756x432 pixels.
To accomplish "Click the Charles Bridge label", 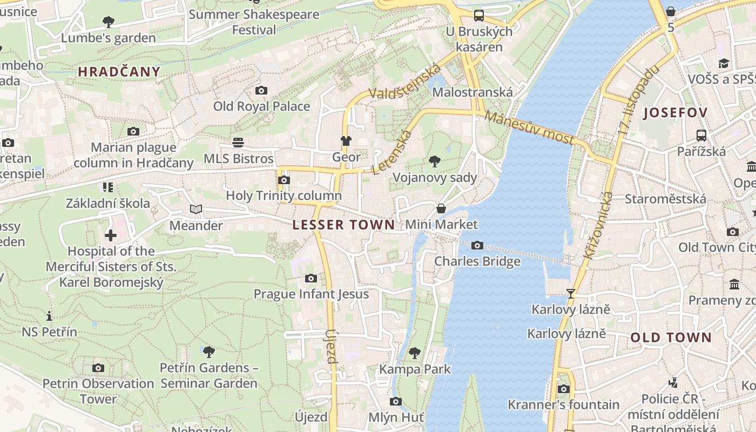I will (477, 261).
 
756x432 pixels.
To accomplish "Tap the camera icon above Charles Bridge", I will (477, 246).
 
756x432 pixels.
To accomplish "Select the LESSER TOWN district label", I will (343, 225).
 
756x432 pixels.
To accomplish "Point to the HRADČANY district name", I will (119, 72).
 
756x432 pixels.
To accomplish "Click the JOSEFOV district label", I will (676, 113).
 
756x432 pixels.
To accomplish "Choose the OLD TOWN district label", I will (671, 337).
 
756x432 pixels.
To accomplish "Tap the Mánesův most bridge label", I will (529, 128).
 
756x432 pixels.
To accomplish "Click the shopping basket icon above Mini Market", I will (441, 208).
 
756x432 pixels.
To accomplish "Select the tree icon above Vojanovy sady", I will (434, 161).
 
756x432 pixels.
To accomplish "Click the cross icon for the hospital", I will (111, 235).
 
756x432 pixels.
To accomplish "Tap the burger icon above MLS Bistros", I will (238, 143).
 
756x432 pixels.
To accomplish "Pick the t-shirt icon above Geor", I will (346, 141).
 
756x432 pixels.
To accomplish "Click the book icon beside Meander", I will (195, 210).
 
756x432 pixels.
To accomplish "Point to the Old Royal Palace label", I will (261, 106).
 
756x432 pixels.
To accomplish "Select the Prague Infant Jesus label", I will (311, 294).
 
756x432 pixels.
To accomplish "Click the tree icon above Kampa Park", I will (415, 353).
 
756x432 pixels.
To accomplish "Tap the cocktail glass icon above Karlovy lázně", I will (570, 293).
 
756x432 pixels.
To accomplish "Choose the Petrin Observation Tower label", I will (98, 391).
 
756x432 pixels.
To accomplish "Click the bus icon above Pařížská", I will (701, 136).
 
